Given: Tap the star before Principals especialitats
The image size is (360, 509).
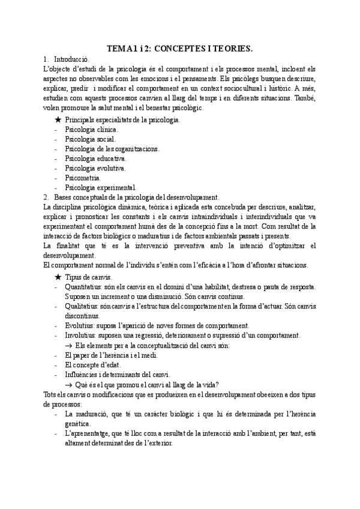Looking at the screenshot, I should [x=58, y=120].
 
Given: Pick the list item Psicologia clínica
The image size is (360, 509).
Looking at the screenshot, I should [x=91, y=130].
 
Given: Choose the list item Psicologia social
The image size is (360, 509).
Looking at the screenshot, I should [x=89, y=139].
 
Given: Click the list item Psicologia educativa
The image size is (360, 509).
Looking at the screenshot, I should [x=95, y=158].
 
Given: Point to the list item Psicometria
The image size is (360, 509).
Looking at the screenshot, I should [x=83, y=178].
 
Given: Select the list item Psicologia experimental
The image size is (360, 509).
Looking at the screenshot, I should [x=100, y=187].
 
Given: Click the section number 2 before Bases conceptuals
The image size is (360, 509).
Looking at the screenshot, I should [x=46, y=197].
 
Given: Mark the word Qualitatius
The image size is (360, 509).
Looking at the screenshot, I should [x=81, y=306].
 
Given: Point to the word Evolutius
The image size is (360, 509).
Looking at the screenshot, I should [x=79, y=325].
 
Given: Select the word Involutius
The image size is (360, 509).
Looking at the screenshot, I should [x=80, y=335].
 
